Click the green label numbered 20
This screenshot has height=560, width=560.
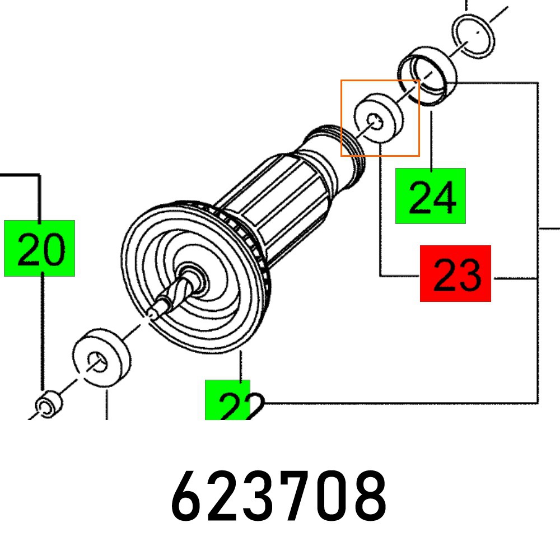[x=39, y=248]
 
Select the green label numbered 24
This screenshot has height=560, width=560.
[x=430, y=195]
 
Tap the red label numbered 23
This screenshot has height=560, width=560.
[x=455, y=273]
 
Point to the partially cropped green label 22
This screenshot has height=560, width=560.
[x=227, y=400]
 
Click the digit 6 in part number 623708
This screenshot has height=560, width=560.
[x=188, y=496]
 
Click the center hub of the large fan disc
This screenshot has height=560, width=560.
[x=193, y=278]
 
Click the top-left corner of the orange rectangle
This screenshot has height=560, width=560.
[x=342, y=80]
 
